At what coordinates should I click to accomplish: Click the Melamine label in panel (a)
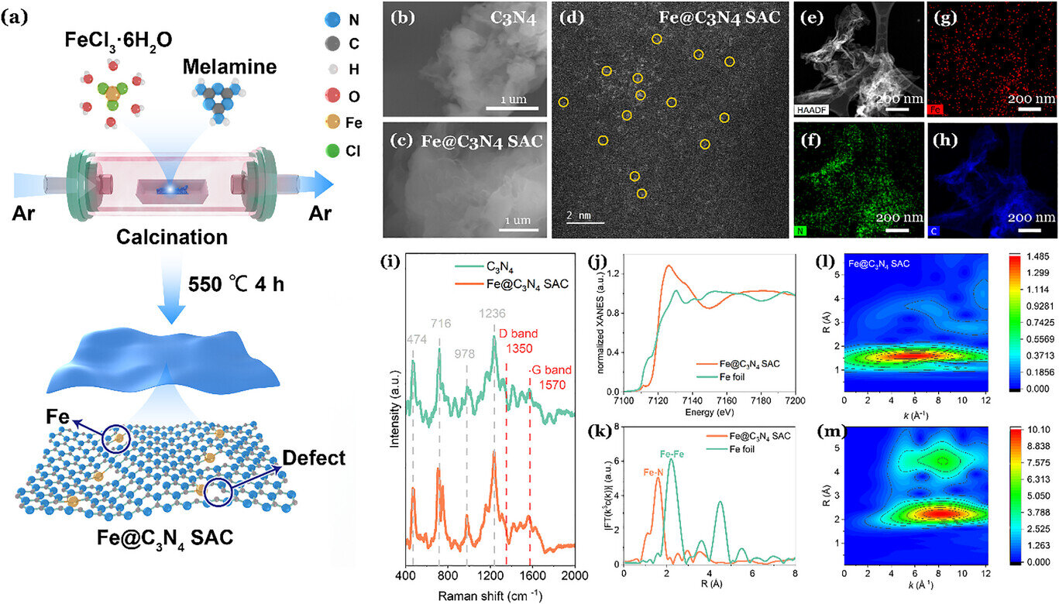click(229, 67)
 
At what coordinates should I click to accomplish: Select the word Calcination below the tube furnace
click(173, 236)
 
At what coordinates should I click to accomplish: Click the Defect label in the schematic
click(314, 458)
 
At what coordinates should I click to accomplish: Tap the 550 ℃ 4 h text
click(237, 284)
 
